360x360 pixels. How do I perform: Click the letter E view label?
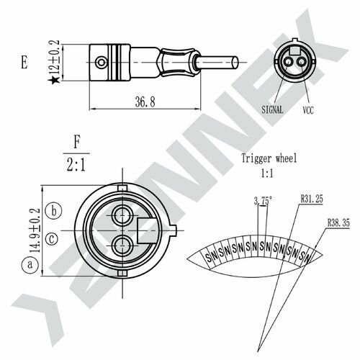click(24, 64)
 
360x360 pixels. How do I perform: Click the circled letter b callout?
click(52, 210)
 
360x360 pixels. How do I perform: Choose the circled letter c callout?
click(52, 238)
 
